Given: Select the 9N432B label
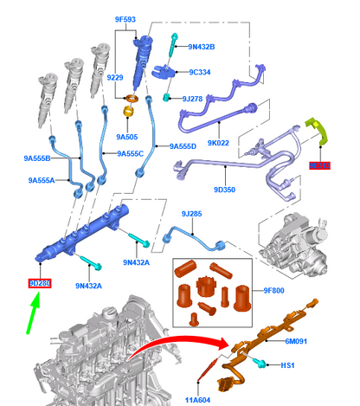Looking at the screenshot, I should pos(202,47).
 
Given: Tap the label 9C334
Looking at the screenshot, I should pos(201,73).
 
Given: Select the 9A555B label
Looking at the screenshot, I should pos(38,158).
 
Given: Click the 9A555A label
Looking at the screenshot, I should pos(41,180).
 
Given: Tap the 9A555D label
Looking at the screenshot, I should pos(183,145).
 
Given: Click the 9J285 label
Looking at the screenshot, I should pos(191,213).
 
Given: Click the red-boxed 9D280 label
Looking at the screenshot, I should pos(40,283).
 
